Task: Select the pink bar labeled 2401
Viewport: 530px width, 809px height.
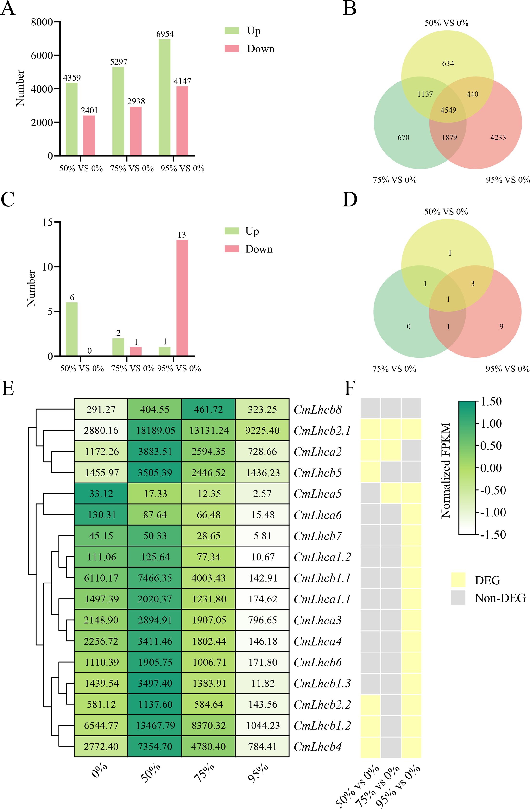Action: click(x=89, y=135)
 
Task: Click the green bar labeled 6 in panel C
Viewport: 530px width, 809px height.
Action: click(x=71, y=329)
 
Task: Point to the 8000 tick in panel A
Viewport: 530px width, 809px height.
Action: click(x=42, y=22)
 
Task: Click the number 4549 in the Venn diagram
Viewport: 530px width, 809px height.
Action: click(x=448, y=110)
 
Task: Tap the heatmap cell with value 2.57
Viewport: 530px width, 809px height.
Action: click(x=262, y=494)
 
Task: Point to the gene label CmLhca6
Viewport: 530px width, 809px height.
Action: click(x=317, y=515)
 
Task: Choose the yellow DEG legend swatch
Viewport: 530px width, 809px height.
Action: click(x=458, y=580)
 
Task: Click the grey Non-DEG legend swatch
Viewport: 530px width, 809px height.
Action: click(x=458, y=598)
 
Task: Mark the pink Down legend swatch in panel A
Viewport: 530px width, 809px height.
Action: click(x=232, y=49)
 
